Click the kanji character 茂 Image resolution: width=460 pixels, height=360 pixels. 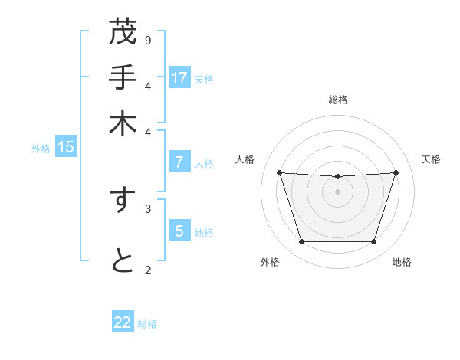coord(123,32)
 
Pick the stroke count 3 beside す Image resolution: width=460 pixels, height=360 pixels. coord(148,208)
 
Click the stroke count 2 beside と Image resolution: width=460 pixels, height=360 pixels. coord(148,269)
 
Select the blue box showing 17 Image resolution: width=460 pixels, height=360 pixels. coord(179,77)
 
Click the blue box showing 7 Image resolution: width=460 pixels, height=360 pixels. coord(179,162)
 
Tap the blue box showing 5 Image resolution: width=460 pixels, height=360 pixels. coord(179,231)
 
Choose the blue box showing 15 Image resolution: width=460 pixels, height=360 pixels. coord(66,147)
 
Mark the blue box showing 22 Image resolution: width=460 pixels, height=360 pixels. coord(123,322)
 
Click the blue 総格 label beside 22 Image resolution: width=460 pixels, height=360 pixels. coord(147,324)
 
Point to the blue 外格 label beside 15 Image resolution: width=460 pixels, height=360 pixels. coord(41,149)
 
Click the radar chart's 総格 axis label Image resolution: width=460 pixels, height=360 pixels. coord(337,100)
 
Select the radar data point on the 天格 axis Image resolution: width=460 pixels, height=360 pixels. coord(396,172)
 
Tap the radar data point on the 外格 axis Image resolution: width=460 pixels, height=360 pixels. coord(301,242)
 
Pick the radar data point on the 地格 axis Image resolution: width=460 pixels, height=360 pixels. coord(373,242)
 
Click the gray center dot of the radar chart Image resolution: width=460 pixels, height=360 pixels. coord(337,191)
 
